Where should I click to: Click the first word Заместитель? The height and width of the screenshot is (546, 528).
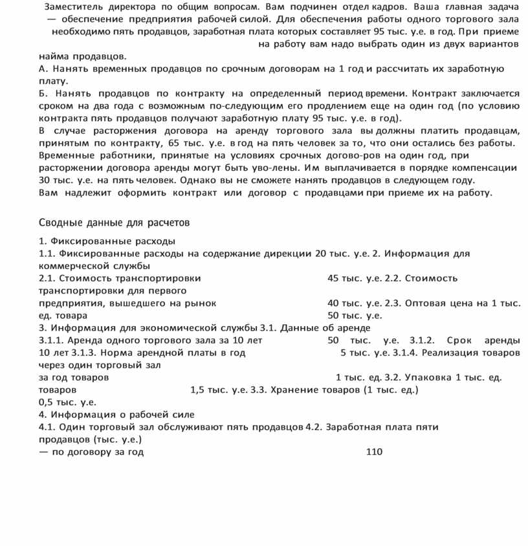[72, 7]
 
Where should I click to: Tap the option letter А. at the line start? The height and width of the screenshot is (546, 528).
[44, 69]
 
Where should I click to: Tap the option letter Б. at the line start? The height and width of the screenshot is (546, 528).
[44, 93]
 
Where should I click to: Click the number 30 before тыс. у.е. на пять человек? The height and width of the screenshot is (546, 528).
[45, 180]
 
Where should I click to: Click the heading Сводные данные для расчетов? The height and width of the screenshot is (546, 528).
[115, 223]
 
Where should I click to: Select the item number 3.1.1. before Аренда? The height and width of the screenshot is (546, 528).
[52, 340]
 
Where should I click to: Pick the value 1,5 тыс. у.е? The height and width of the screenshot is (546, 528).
[198, 390]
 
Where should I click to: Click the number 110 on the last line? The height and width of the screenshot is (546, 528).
[374, 452]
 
